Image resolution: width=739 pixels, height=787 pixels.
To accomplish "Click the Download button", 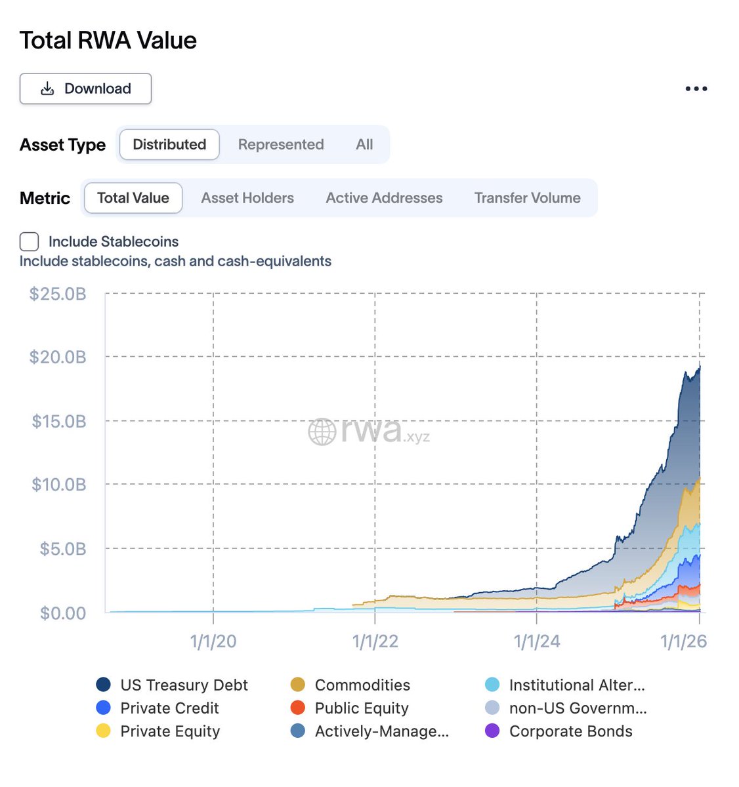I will pos(85,89).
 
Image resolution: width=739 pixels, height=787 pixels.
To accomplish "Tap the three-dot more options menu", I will pos(696,89).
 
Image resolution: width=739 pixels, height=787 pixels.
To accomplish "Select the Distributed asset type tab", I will pos(169,144).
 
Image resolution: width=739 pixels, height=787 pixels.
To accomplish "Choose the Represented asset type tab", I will pos(281,144).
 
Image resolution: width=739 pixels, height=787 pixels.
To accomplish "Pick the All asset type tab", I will pos(364,144).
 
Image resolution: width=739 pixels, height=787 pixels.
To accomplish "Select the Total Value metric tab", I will pos(133,198).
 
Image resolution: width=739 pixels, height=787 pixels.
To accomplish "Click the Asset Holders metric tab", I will pos(247,198).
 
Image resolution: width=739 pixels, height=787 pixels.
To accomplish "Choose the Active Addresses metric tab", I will pos(384,198).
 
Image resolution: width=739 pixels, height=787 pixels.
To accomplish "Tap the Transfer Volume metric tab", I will pos(527,198).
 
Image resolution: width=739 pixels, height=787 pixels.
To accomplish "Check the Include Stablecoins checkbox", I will pos(30,241).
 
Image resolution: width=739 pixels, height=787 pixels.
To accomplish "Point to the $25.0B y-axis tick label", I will pos(58,294).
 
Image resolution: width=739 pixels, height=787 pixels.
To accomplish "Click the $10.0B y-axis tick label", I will pos(59,485).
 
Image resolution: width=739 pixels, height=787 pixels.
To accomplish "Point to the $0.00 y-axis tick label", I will pos(63,613).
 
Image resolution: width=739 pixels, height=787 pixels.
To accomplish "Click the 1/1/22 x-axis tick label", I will pos(375,641).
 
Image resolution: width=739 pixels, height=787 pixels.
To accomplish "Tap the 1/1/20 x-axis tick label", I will pos(213,641).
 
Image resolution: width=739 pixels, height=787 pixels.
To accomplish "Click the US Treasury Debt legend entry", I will pos(184,685).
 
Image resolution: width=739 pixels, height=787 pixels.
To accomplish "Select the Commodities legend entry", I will pos(362,685).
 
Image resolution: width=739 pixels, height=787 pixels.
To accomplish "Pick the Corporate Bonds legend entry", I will pos(570,731).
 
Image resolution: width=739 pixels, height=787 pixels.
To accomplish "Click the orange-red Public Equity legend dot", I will pos(298,708).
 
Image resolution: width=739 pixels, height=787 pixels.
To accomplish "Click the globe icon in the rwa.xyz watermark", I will pos(322,432).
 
